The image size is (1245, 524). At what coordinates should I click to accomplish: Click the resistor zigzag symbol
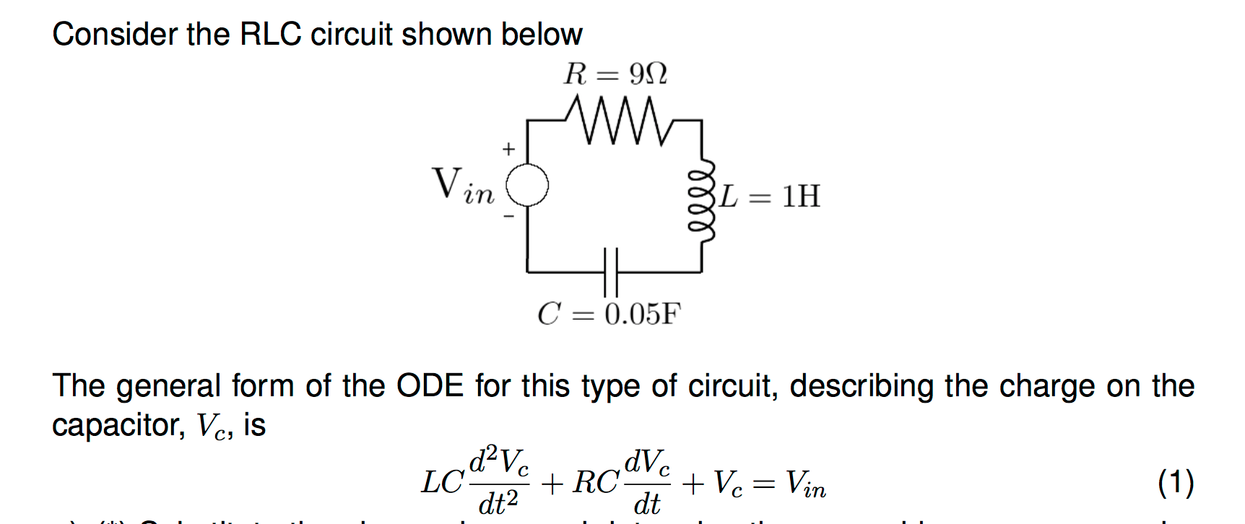(614, 121)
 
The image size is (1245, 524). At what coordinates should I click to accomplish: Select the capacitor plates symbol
(611, 271)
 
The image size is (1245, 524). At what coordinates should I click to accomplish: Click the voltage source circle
(527, 185)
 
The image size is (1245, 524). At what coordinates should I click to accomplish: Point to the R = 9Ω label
(615, 74)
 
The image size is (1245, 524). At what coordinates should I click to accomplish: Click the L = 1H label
(770, 196)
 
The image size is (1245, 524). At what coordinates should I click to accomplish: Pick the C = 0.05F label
(609, 314)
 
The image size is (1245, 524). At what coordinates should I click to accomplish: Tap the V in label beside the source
(463, 185)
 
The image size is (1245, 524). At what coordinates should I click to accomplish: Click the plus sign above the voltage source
(509, 149)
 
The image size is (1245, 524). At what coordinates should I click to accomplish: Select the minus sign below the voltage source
(509, 215)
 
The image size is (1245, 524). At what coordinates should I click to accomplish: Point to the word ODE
(430, 386)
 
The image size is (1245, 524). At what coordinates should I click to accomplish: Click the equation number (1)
(1176, 482)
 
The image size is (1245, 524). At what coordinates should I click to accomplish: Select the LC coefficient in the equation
(442, 482)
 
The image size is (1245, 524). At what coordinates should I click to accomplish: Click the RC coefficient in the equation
(596, 482)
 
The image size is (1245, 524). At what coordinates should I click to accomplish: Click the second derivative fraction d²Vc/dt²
(499, 481)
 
